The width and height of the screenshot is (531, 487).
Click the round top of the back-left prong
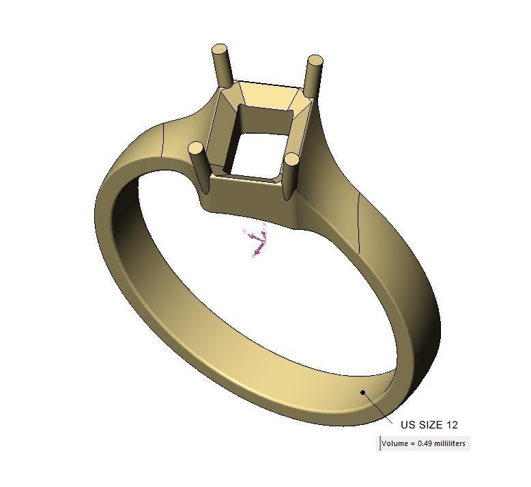coord(220,49)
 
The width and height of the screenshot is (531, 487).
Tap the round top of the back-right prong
coord(315,61)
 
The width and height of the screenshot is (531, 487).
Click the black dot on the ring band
coord(363,392)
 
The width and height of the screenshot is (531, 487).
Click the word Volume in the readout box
coord(394,444)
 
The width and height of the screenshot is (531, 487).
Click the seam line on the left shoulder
coord(162,141)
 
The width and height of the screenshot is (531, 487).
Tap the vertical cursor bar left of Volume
coord(380,443)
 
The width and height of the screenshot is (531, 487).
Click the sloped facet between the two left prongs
coord(222,130)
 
